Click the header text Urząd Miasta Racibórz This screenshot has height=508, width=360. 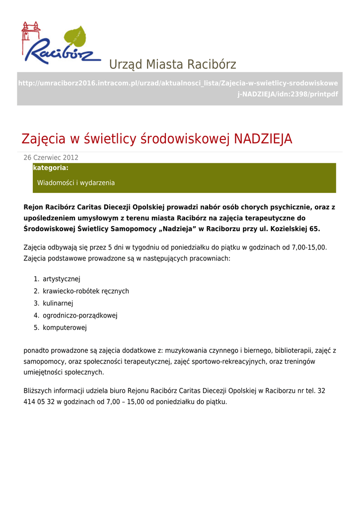172,64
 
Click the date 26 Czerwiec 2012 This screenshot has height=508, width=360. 51,158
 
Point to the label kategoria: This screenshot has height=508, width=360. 51,168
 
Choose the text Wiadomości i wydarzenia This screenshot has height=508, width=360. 76,183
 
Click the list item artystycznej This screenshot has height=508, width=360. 62,279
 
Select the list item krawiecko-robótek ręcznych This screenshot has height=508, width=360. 86,291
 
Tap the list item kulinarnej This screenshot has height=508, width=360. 58,303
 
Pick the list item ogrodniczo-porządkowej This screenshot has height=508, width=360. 80,316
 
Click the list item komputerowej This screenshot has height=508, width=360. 65,327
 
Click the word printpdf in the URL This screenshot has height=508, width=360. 323,94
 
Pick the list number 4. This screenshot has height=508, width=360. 36,316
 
